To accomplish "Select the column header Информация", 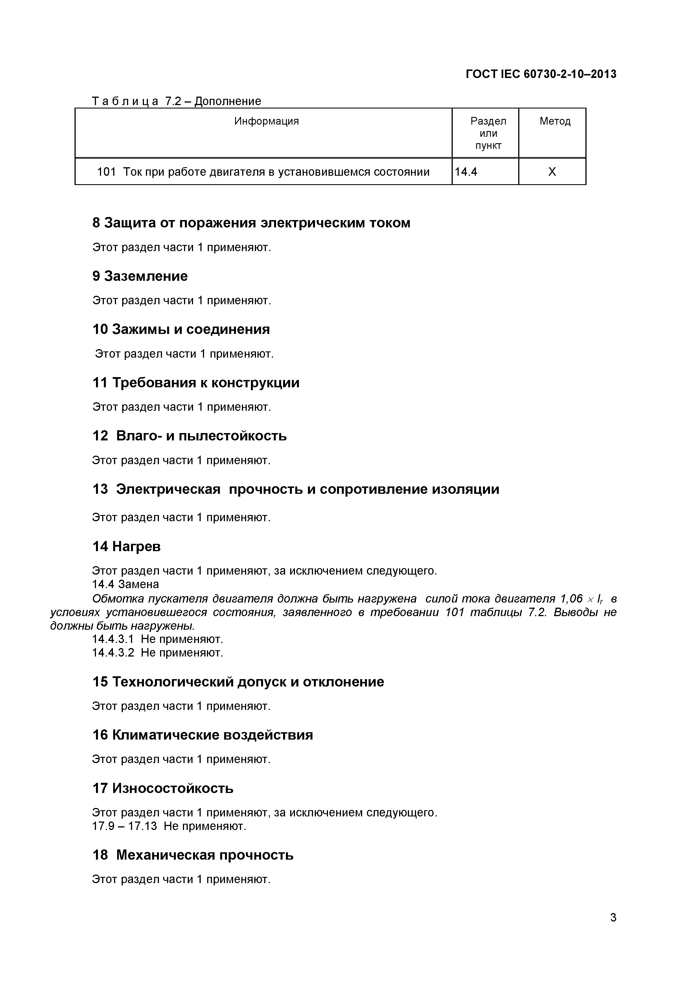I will (266, 121).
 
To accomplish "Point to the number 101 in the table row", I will (106, 172).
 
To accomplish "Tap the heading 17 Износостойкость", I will (163, 788).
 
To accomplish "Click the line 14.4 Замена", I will (125, 584).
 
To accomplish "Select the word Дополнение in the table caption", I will (228, 101).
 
